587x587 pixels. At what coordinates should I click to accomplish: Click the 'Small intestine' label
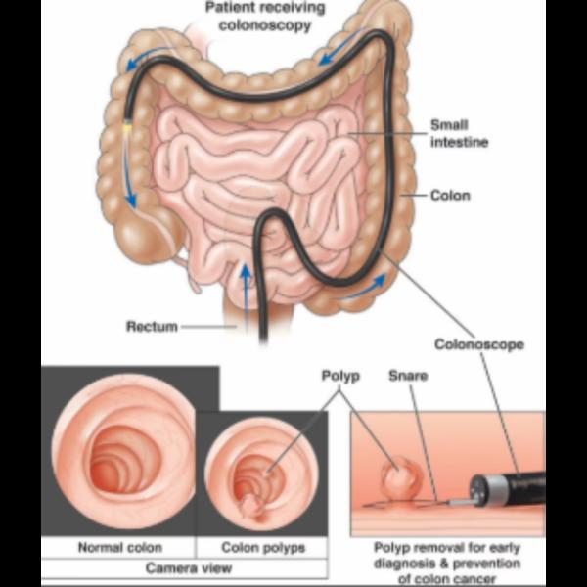460,134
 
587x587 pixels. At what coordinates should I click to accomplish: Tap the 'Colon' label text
450,196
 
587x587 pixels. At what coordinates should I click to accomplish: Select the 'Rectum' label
152,327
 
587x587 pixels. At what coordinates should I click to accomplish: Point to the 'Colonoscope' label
479,344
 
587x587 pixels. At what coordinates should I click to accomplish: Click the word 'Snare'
408,376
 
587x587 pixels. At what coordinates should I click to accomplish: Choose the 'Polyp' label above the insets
340,377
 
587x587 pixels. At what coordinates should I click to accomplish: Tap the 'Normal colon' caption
120,547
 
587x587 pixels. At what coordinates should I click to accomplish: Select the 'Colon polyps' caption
263,548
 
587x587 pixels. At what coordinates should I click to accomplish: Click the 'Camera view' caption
189,568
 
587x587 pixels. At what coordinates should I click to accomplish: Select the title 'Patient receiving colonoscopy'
265,18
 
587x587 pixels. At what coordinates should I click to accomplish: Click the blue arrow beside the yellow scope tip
128,173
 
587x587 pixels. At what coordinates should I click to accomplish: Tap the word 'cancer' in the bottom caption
474,579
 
